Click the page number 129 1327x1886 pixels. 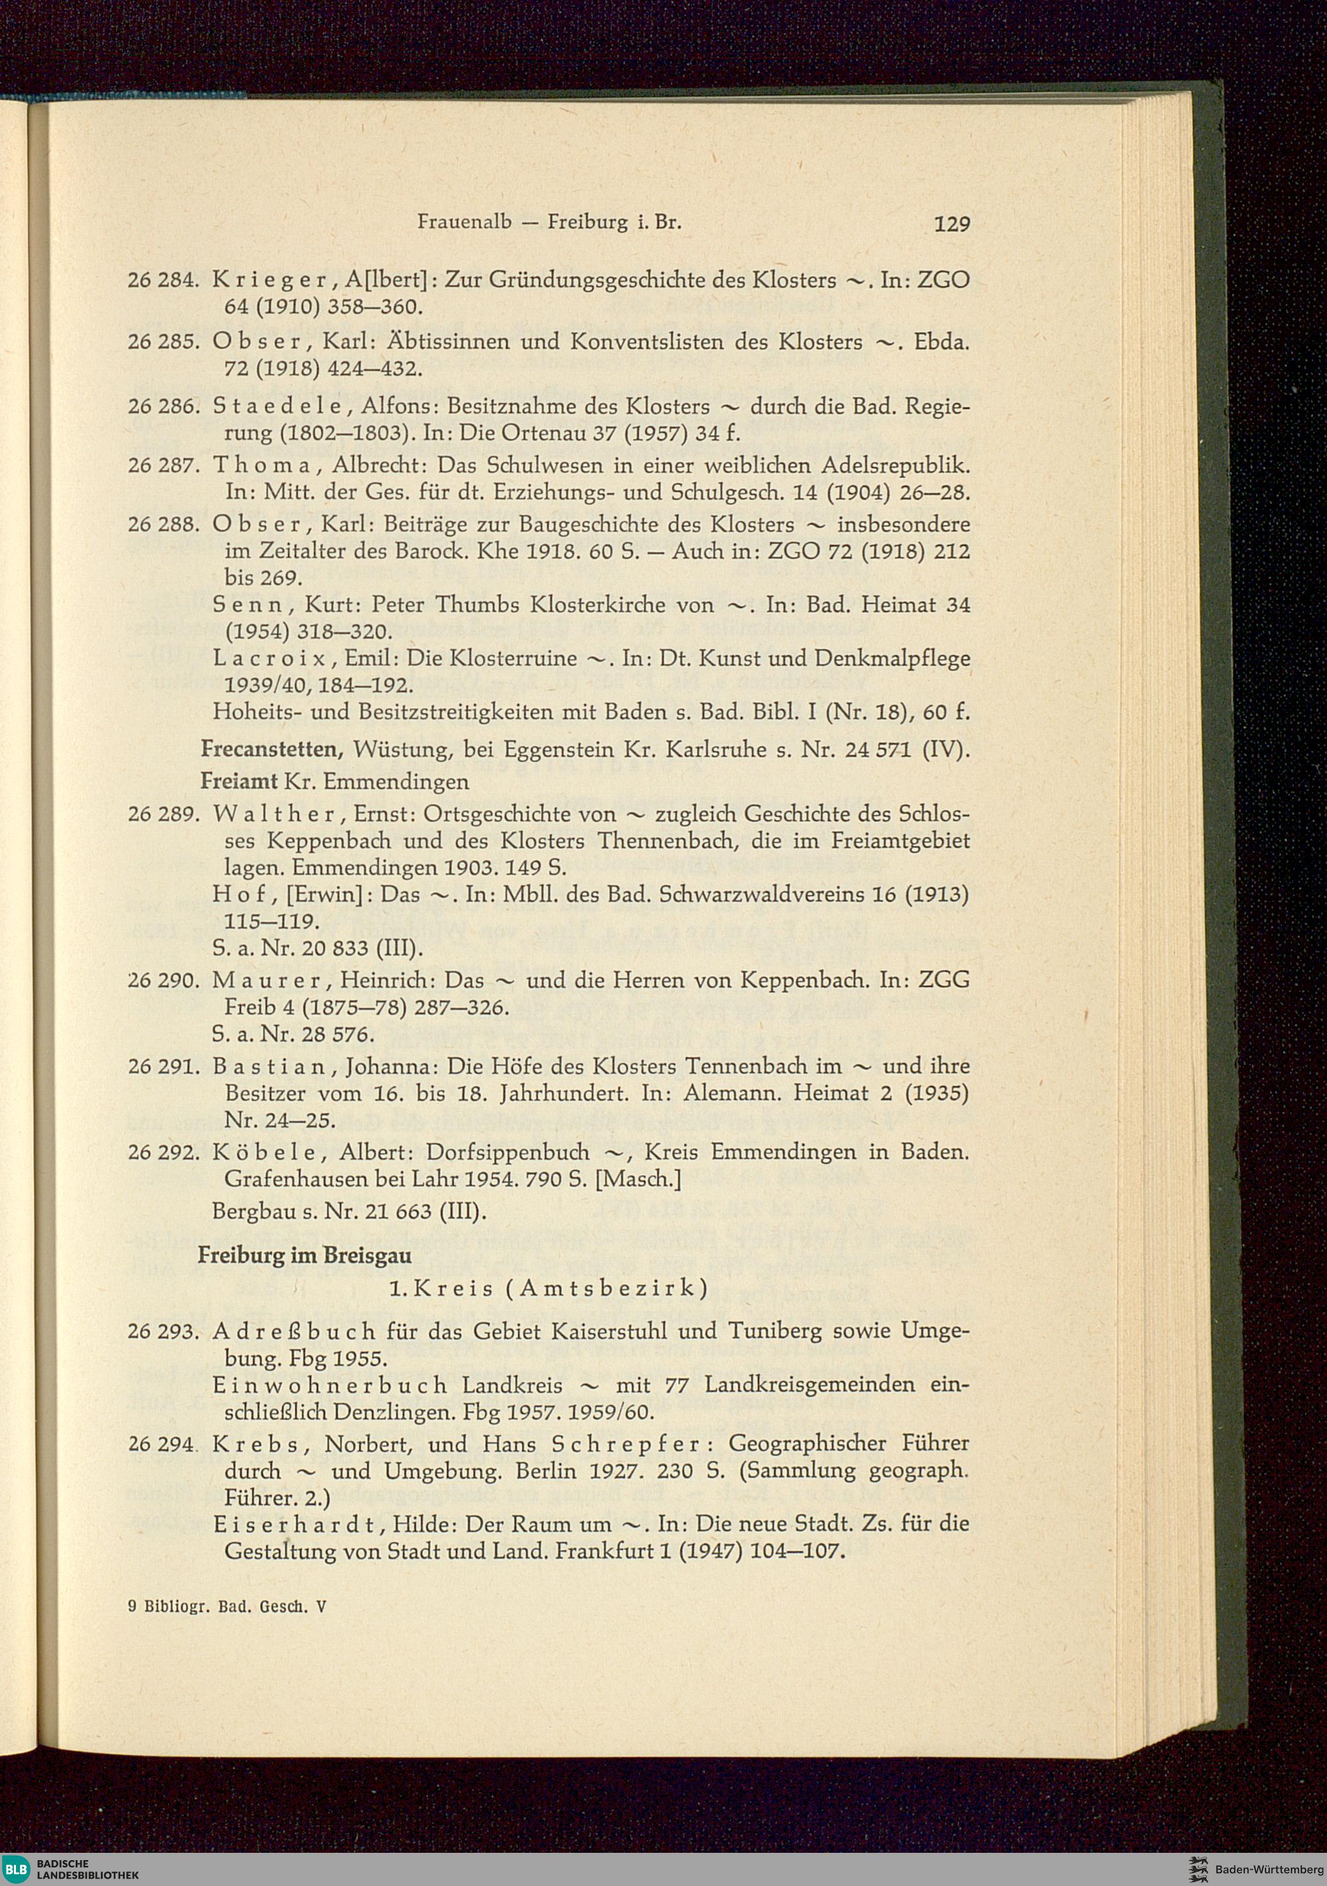tap(951, 224)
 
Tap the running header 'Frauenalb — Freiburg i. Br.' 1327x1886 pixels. tap(549, 222)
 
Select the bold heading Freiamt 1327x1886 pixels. tap(239, 781)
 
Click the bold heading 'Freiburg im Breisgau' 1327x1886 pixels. tap(305, 1256)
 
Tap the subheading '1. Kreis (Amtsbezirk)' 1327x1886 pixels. tap(547, 1289)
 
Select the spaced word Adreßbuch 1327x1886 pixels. tap(293, 1331)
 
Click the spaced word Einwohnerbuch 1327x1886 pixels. tap(329, 1386)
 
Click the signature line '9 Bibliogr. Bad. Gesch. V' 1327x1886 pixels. tap(227, 1606)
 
